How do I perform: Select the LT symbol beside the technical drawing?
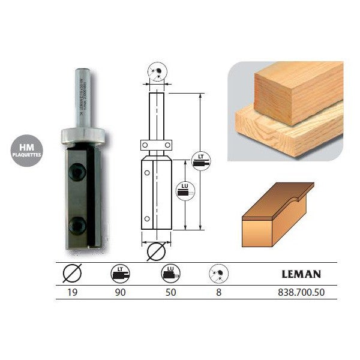(201, 160)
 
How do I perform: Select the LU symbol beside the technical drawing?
(184, 192)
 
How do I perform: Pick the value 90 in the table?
(121, 295)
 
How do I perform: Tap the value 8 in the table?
(218, 295)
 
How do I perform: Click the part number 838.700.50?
(300, 295)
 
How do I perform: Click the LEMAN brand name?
(301, 275)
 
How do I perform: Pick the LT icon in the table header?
(121, 275)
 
